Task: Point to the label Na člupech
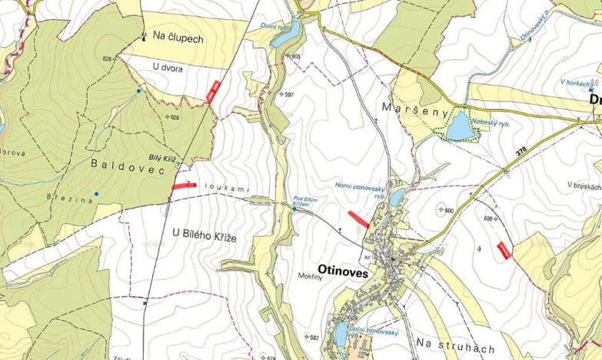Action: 178,37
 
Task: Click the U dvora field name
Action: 168,68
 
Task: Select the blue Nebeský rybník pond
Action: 461,125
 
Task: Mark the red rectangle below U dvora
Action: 214,91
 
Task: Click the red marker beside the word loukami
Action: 184,185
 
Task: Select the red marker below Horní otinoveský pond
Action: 358,219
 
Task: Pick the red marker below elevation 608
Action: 504,250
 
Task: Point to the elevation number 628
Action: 106,59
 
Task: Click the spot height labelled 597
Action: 289,94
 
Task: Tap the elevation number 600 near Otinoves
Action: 449,210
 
